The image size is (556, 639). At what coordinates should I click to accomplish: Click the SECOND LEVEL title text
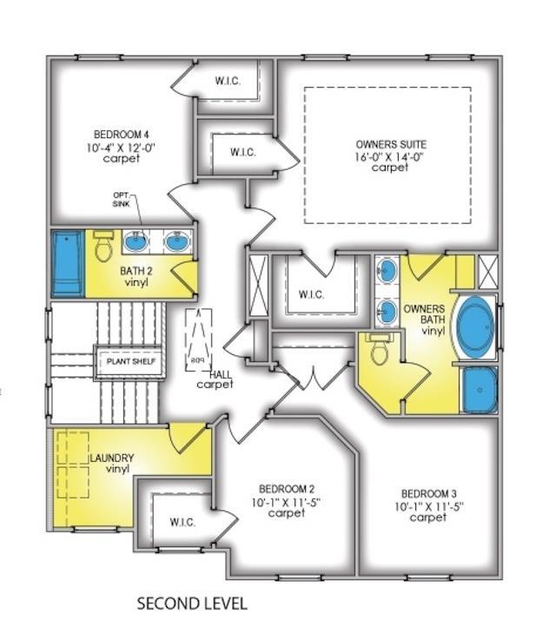tap(192, 603)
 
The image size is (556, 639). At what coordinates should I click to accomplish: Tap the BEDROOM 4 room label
tap(121, 134)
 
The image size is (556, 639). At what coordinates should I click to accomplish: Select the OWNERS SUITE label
tap(391, 144)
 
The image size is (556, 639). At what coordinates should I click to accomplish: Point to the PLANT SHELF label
tap(131, 361)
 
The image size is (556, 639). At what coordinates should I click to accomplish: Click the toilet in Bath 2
tap(103, 246)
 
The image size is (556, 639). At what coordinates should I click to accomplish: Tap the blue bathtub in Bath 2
tap(67, 263)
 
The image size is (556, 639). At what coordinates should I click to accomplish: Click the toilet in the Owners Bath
tap(379, 348)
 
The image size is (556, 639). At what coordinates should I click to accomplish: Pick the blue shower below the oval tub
tap(480, 390)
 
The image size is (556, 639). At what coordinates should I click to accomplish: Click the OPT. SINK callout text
tap(121, 200)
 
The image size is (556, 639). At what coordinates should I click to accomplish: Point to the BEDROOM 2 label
tap(287, 488)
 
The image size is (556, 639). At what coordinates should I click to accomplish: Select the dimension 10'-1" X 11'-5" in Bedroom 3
tap(429, 506)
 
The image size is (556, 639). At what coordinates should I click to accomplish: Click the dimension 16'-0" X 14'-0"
tap(389, 156)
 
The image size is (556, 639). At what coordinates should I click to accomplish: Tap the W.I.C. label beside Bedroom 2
tap(182, 522)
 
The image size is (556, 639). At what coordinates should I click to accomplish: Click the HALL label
tap(221, 374)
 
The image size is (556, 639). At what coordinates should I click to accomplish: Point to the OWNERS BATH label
tap(424, 314)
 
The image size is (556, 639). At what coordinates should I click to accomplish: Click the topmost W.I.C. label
tap(228, 81)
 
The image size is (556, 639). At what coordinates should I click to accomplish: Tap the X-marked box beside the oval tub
tap(488, 272)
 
